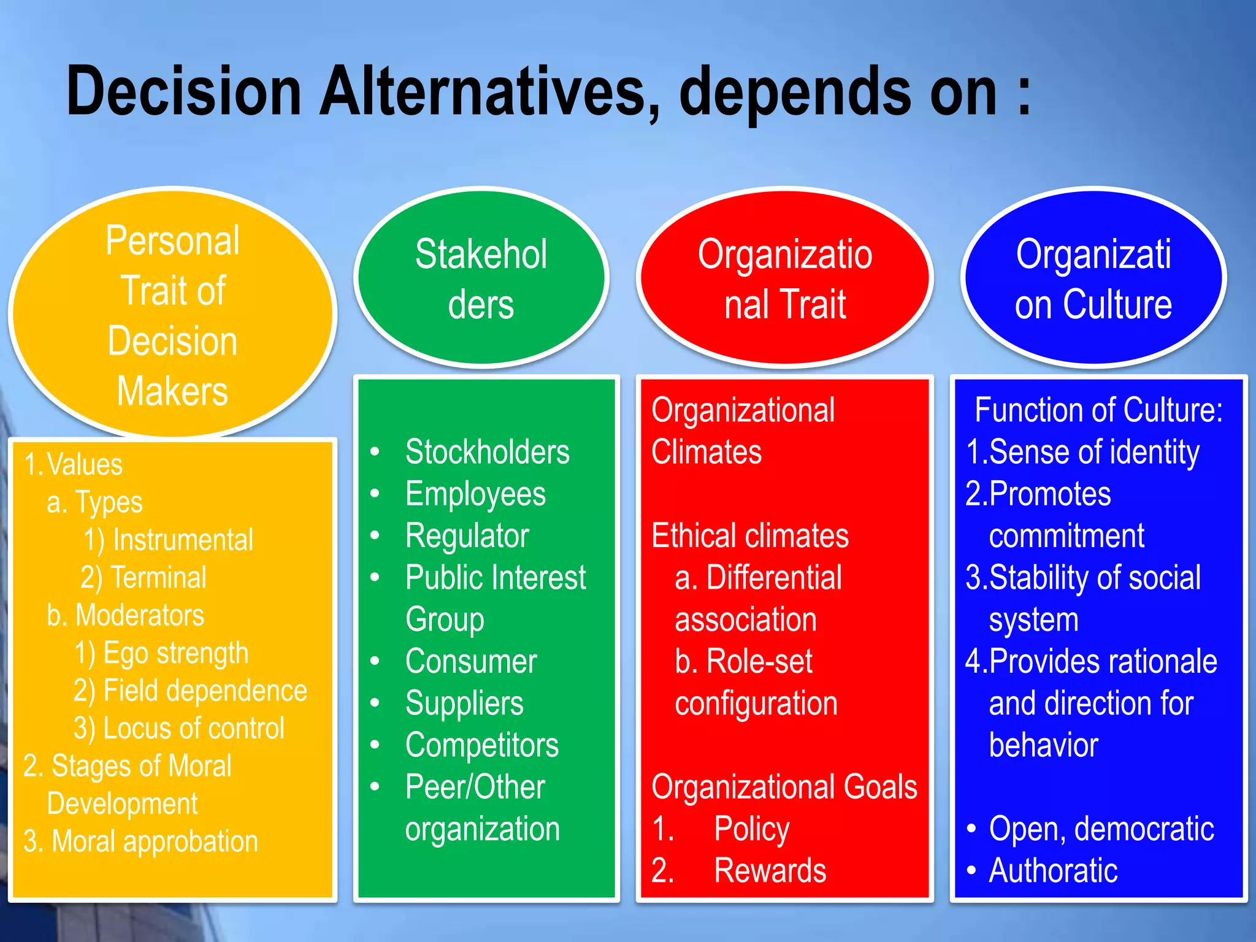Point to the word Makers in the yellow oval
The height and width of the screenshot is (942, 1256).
click(x=172, y=391)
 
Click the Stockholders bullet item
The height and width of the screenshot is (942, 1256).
click(x=487, y=452)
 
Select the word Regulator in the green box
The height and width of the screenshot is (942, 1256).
click(x=467, y=536)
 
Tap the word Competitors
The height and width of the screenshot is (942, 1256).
click(x=482, y=745)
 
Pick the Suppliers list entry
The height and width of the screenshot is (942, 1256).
click(x=464, y=703)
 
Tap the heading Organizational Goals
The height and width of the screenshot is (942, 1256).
click(x=784, y=787)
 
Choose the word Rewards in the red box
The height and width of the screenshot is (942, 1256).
click(x=770, y=870)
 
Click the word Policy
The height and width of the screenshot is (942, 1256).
click(x=751, y=829)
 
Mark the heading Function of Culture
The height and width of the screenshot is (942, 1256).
click(x=1098, y=410)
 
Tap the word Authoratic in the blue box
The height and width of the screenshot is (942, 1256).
click(x=1052, y=870)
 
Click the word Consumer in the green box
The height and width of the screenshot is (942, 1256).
click(x=471, y=661)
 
